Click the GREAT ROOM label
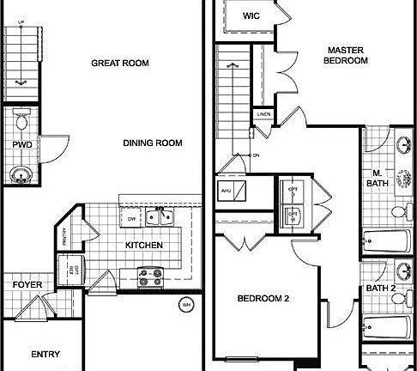120,64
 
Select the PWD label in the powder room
22,146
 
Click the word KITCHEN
144,246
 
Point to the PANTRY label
89,233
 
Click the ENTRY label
45,354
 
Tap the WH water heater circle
186,304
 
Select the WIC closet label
251,15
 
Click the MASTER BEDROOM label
346,55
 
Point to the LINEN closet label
264,114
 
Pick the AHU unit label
227,191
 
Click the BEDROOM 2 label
263,299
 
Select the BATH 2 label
381,289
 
